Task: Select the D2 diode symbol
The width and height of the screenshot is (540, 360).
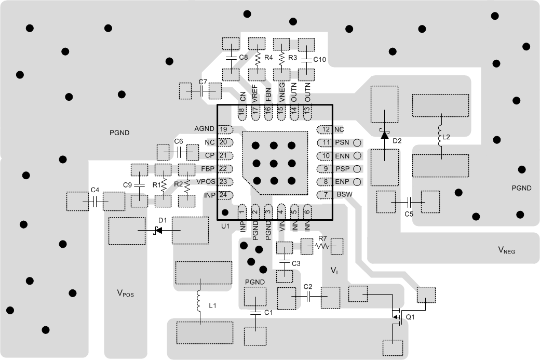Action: tap(384, 135)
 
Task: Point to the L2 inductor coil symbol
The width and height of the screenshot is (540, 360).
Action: tap(440, 136)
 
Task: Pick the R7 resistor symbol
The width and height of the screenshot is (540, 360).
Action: tap(322, 246)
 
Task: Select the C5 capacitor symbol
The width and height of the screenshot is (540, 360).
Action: tap(408, 202)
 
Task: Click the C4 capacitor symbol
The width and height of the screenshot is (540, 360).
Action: tap(96, 202)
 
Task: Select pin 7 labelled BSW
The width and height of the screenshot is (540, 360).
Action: tap(325, 194)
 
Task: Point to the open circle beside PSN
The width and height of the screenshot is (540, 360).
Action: tap(357, 142)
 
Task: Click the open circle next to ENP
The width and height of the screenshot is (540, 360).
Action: tap(357, 182)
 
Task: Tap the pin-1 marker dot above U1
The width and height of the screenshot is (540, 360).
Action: tap(225, 212)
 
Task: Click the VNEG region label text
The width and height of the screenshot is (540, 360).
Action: tap(507, 250)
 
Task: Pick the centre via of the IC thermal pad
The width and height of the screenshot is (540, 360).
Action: tap(274, 163)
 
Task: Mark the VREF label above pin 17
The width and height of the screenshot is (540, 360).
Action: tap(255, 93)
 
